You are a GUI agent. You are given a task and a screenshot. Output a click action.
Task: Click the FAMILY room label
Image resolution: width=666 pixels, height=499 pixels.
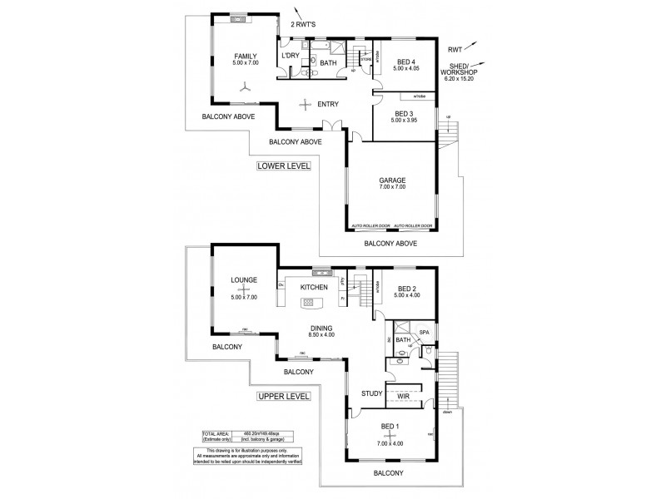[246, 56]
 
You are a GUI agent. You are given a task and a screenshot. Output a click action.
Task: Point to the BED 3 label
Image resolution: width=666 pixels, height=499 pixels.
[404, 113]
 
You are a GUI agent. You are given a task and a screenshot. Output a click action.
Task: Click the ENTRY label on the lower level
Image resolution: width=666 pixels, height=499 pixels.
[328, 104]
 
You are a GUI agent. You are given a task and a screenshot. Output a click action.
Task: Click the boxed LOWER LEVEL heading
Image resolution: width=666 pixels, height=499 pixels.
[283, 166]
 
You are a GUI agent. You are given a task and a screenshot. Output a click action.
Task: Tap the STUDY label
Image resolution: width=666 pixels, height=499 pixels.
[371, 393]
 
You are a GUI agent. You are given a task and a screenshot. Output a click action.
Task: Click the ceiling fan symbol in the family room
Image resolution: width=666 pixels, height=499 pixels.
[245, 85]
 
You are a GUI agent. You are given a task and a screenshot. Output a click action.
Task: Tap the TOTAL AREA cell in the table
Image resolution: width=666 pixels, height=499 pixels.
[216, 434]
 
